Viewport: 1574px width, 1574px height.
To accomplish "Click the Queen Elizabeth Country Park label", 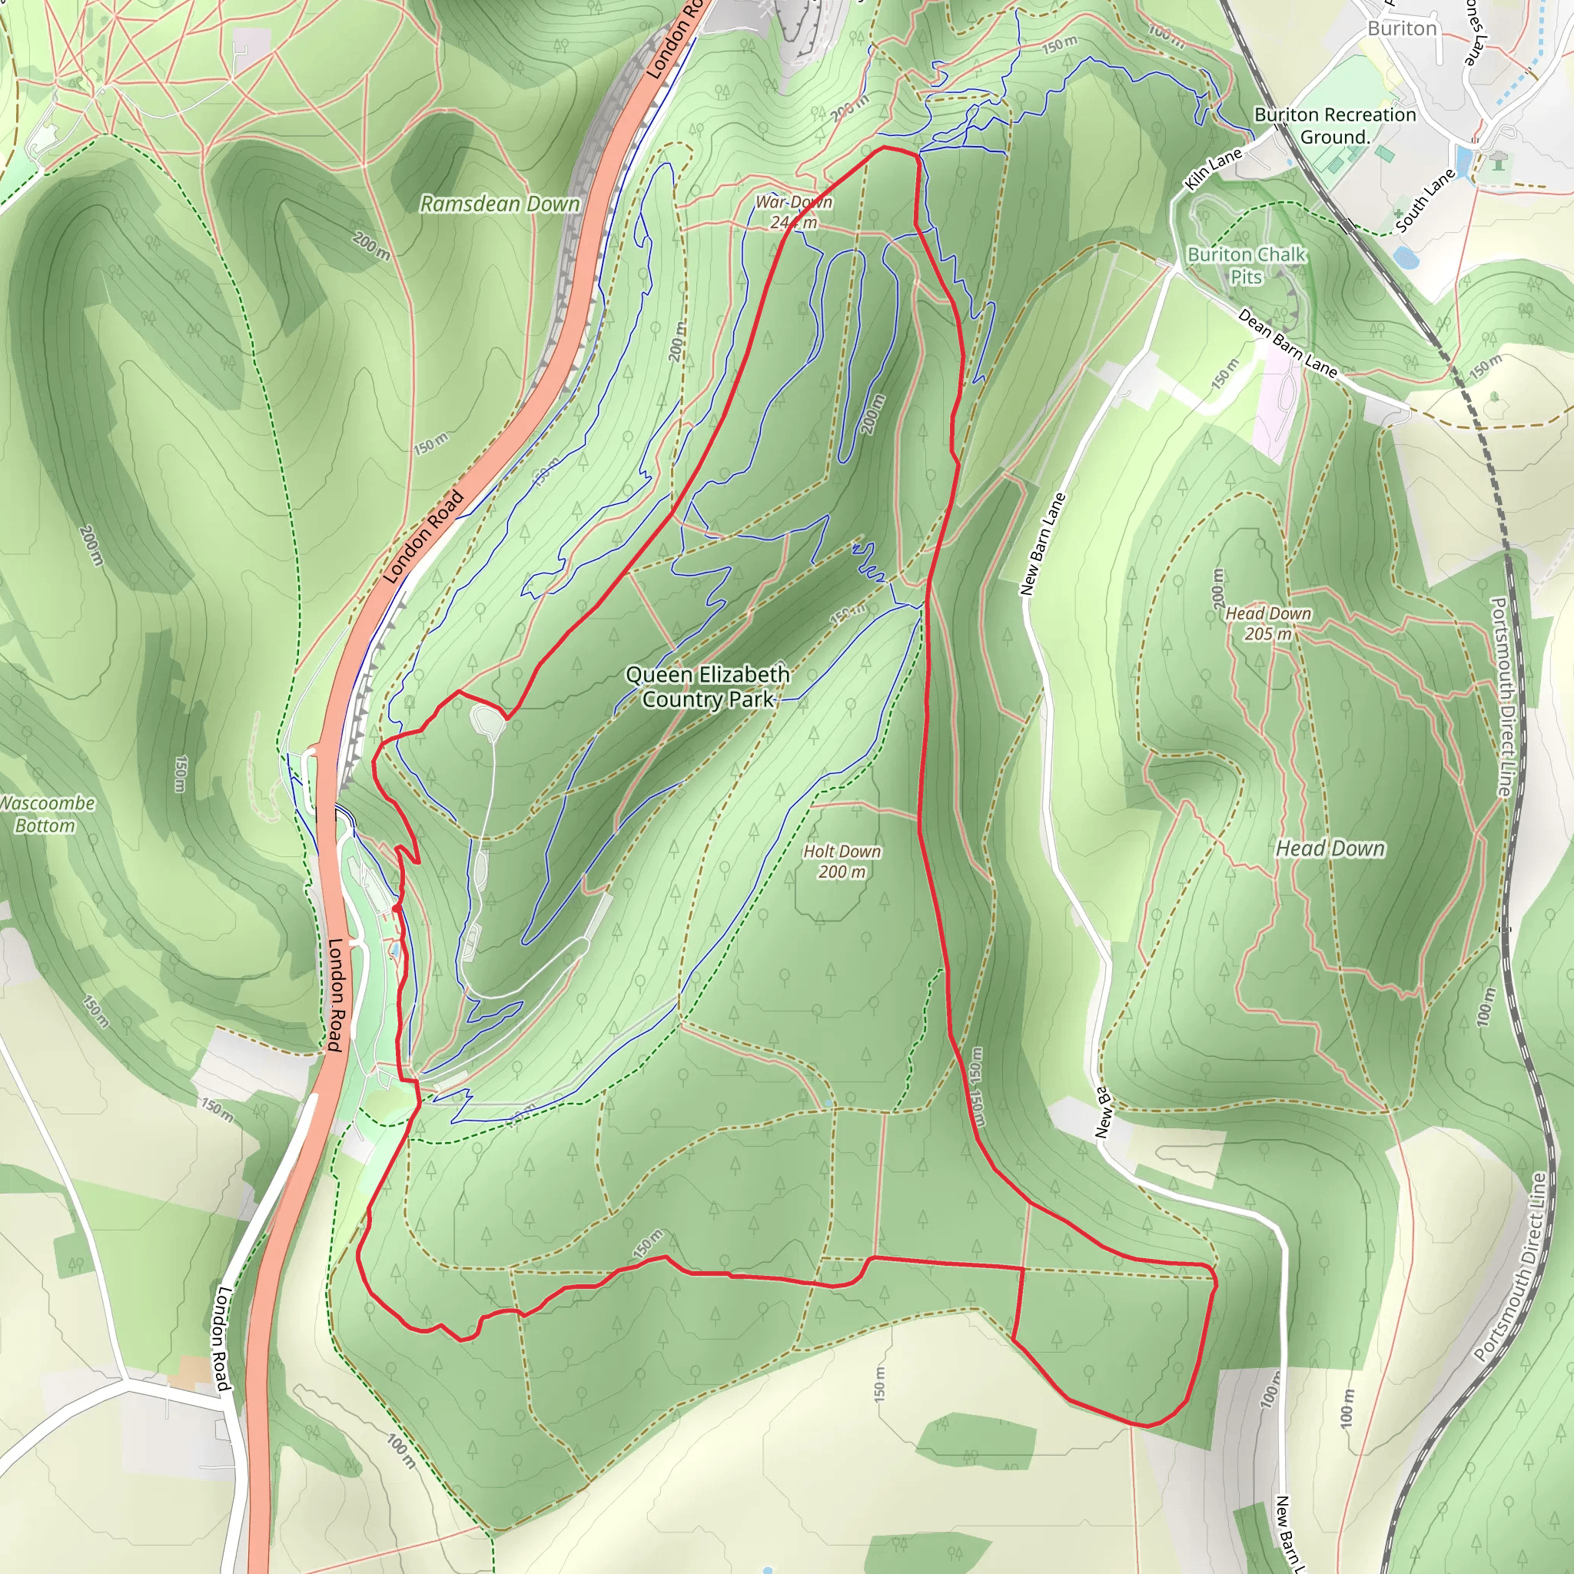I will point(707,687).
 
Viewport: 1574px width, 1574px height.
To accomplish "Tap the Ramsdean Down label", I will point(500,204).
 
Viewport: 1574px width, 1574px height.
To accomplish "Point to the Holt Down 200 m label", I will point(842,861).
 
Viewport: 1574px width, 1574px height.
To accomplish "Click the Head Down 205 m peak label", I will point(1267,623).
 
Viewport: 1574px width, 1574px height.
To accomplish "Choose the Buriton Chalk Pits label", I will point(1247,266).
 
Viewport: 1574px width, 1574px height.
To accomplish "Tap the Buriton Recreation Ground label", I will point(1334,125).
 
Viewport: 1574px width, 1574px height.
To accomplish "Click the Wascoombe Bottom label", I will point(46,814).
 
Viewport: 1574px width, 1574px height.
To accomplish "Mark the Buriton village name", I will point(1401,28).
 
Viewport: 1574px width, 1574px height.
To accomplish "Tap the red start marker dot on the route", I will point(396,908).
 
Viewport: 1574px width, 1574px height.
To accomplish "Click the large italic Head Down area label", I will point(1330,849).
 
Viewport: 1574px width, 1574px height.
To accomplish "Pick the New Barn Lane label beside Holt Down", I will point(1042,543).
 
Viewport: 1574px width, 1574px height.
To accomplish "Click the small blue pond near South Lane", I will point(1405,258).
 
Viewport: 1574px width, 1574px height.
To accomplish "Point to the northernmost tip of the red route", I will point(885,148).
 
